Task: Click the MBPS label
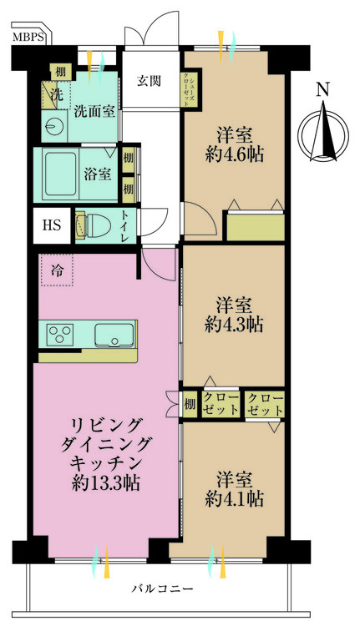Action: (28, 38)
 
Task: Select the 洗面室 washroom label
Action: (94, 109)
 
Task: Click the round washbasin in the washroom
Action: (55, 128)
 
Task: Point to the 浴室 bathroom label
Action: (98, 174)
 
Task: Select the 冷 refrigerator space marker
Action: (57, 270)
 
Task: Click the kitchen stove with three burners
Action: (61, 336)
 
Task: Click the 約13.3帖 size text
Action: (104, 482)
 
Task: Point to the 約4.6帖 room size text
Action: (236, 154)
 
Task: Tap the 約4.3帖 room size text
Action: (236, 323)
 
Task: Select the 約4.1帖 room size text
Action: (236, 499)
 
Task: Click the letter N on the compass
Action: (323, 89)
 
